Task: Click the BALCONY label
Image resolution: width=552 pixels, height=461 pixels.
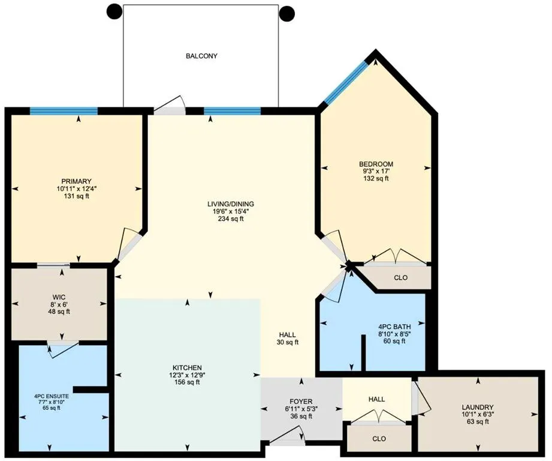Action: click(201, 56)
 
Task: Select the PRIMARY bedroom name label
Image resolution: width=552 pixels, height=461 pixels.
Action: click(76, 181)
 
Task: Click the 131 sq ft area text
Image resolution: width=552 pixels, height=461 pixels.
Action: click(76, 196)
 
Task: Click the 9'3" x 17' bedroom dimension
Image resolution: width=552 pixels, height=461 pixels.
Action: click(376, 171)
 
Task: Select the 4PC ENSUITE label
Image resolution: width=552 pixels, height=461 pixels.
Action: click(51, 396)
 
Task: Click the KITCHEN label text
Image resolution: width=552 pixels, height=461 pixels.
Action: click(188, 367)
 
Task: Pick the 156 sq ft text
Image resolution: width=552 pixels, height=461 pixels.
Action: click(188, 382)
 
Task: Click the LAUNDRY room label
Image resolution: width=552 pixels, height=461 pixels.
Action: click(478, 406)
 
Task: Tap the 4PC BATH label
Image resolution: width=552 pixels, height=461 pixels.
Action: click(395, 326)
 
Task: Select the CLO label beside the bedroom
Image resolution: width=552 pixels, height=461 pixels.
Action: click(401, 278)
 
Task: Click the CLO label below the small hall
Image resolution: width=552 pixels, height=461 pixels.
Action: click(379, 439)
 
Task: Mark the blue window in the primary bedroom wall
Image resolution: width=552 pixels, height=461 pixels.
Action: click(64, 110)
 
